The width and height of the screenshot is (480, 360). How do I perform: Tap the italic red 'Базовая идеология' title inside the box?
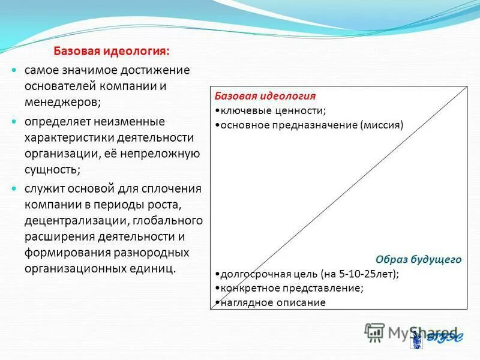(265, 96)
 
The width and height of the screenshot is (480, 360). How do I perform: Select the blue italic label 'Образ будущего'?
(418, 259)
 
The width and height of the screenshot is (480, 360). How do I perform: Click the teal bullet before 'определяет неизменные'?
(16, 122)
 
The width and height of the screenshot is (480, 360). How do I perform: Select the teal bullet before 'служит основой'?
(16, 189)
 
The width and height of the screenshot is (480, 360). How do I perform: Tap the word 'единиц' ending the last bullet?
(157, 268)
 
